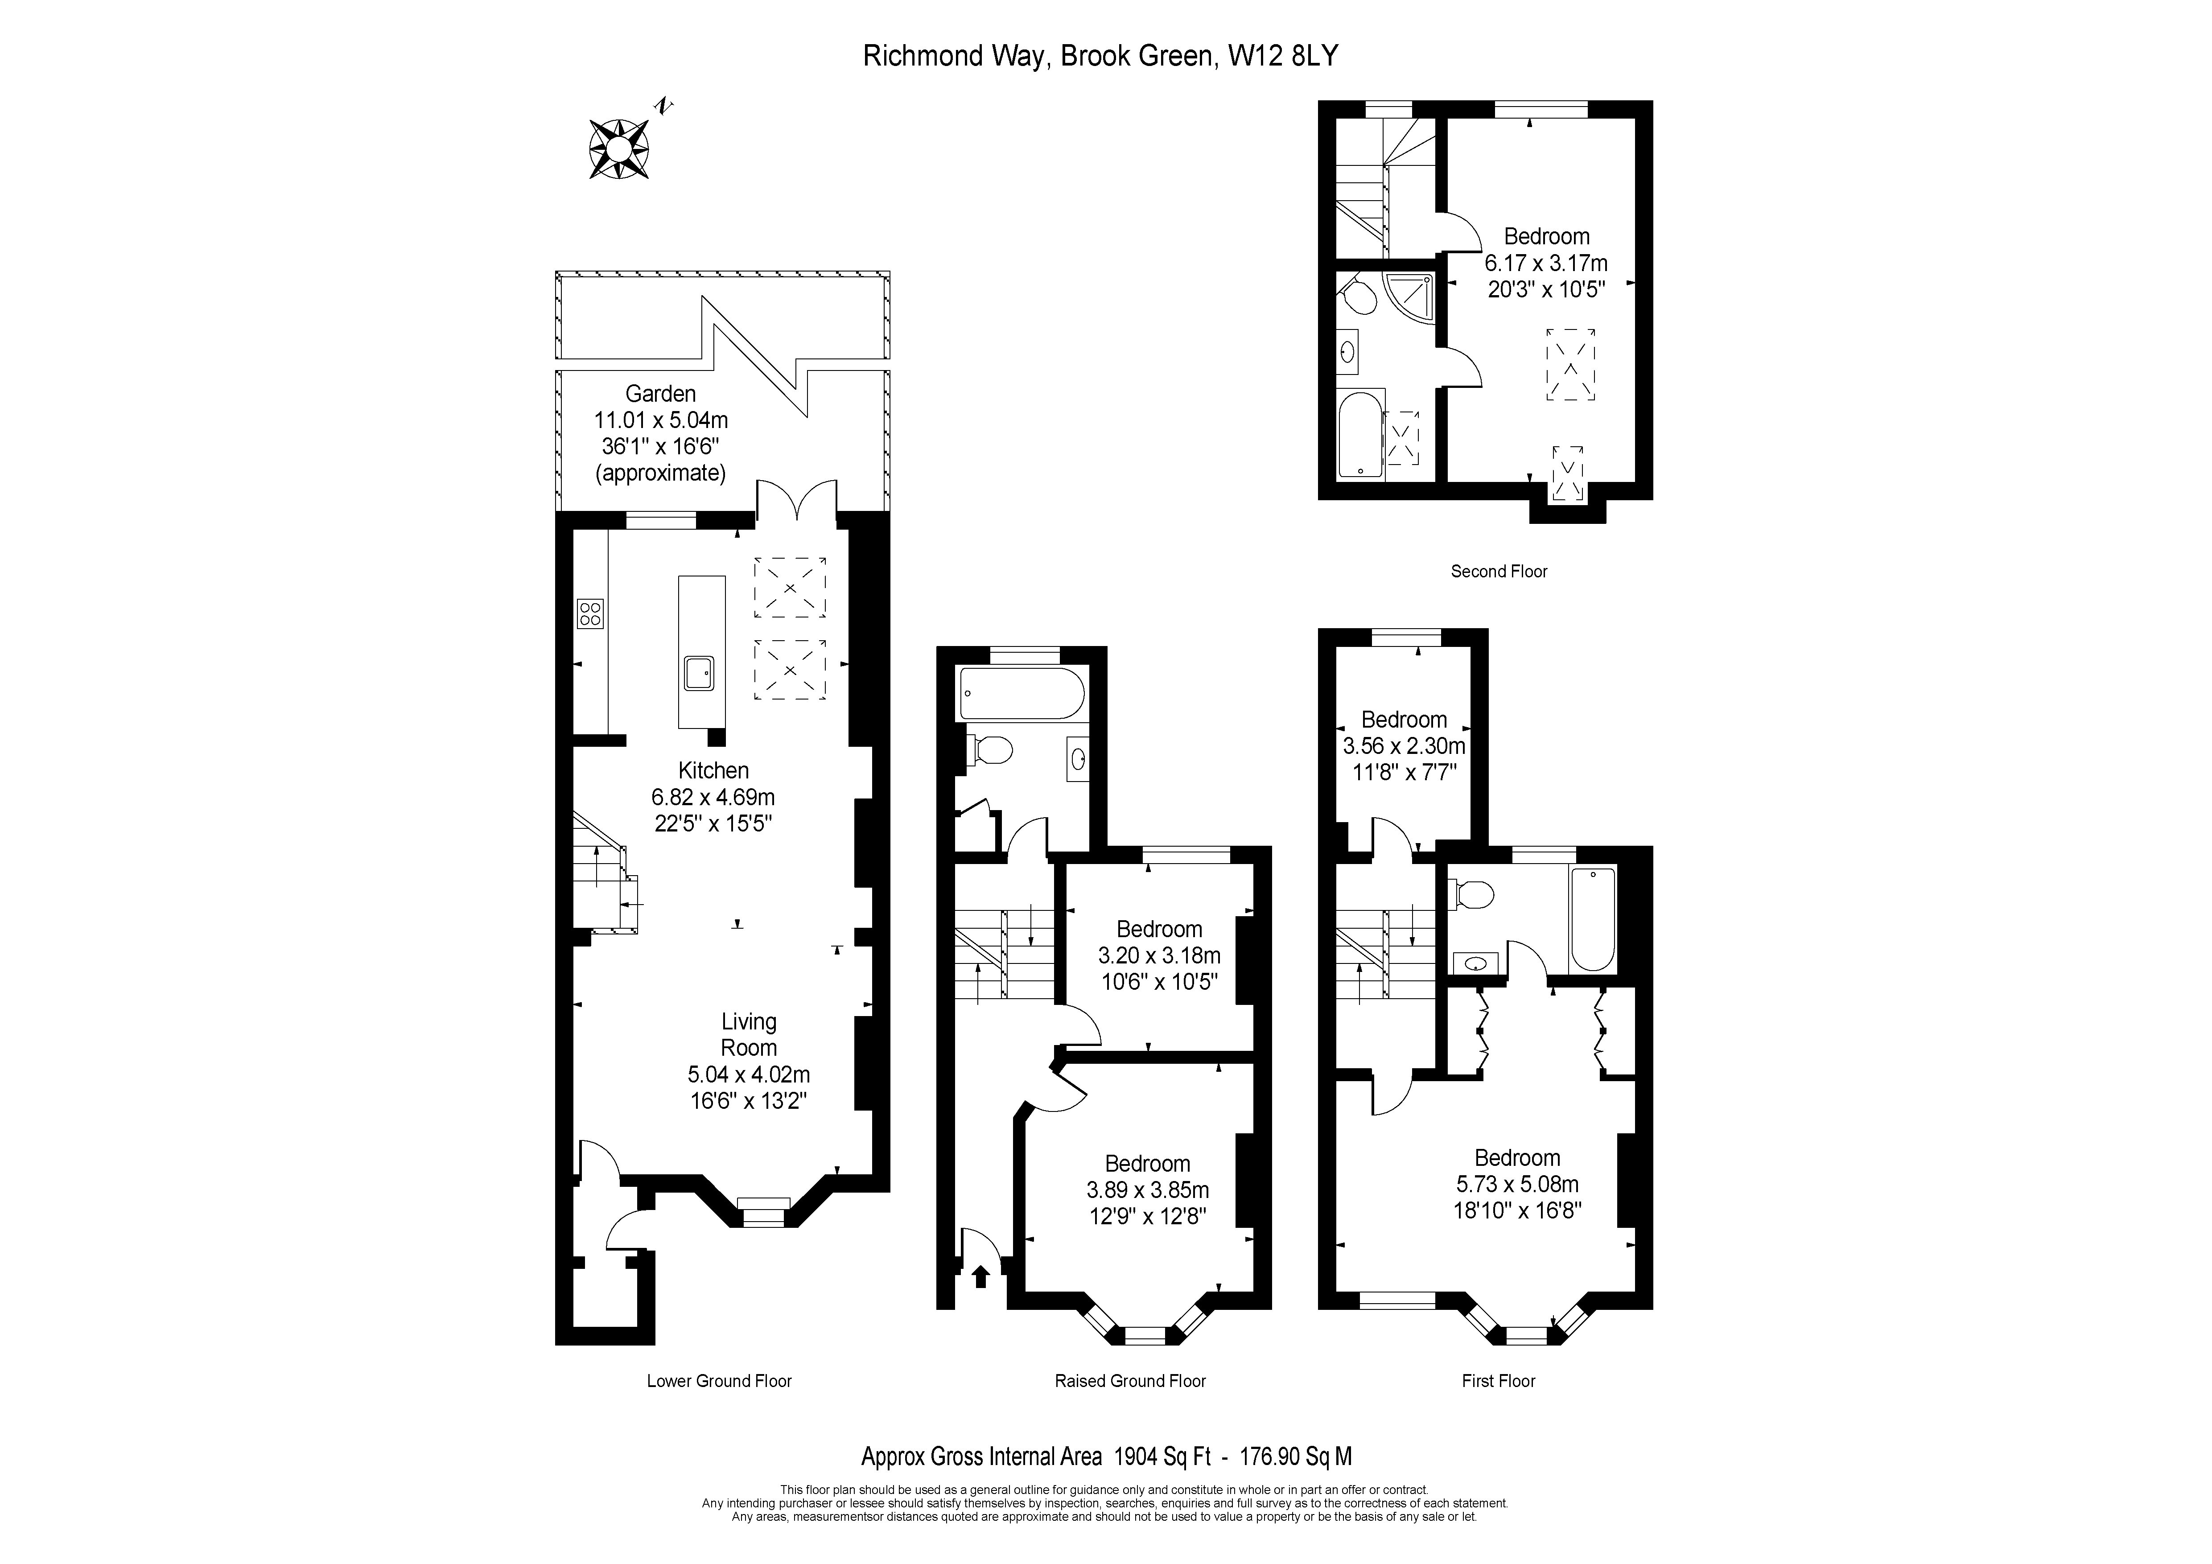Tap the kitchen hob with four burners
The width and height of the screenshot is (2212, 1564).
point(589,613)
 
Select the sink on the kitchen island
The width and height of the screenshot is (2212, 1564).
point(699,673)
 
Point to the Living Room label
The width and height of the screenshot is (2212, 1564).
point(749,1034)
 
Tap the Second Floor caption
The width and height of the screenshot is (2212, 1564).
point(1499,571)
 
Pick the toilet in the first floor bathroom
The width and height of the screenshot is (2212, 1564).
point(1471,895)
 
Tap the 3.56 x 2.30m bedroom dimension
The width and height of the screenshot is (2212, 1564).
point(1404,745)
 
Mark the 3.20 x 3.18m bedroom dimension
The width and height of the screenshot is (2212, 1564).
point(1159,955)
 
